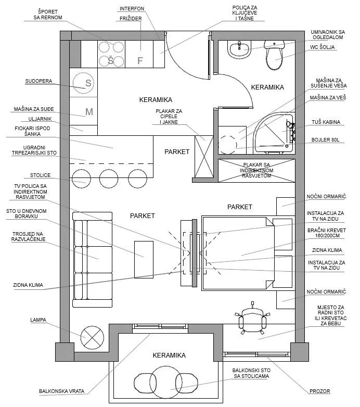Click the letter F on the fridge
coord(139,61)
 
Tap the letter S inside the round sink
coord(88,83)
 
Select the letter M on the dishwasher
coord(88,111)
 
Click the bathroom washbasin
coord(239,50)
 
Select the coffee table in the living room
coord(143,259)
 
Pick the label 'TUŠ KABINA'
coord(326,122)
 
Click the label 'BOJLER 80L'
coord(326,140)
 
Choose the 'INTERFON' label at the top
coord(132,9)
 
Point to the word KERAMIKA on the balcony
coord(170,355)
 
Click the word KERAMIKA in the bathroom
coord(267,87)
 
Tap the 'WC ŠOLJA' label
coord(324,48)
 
